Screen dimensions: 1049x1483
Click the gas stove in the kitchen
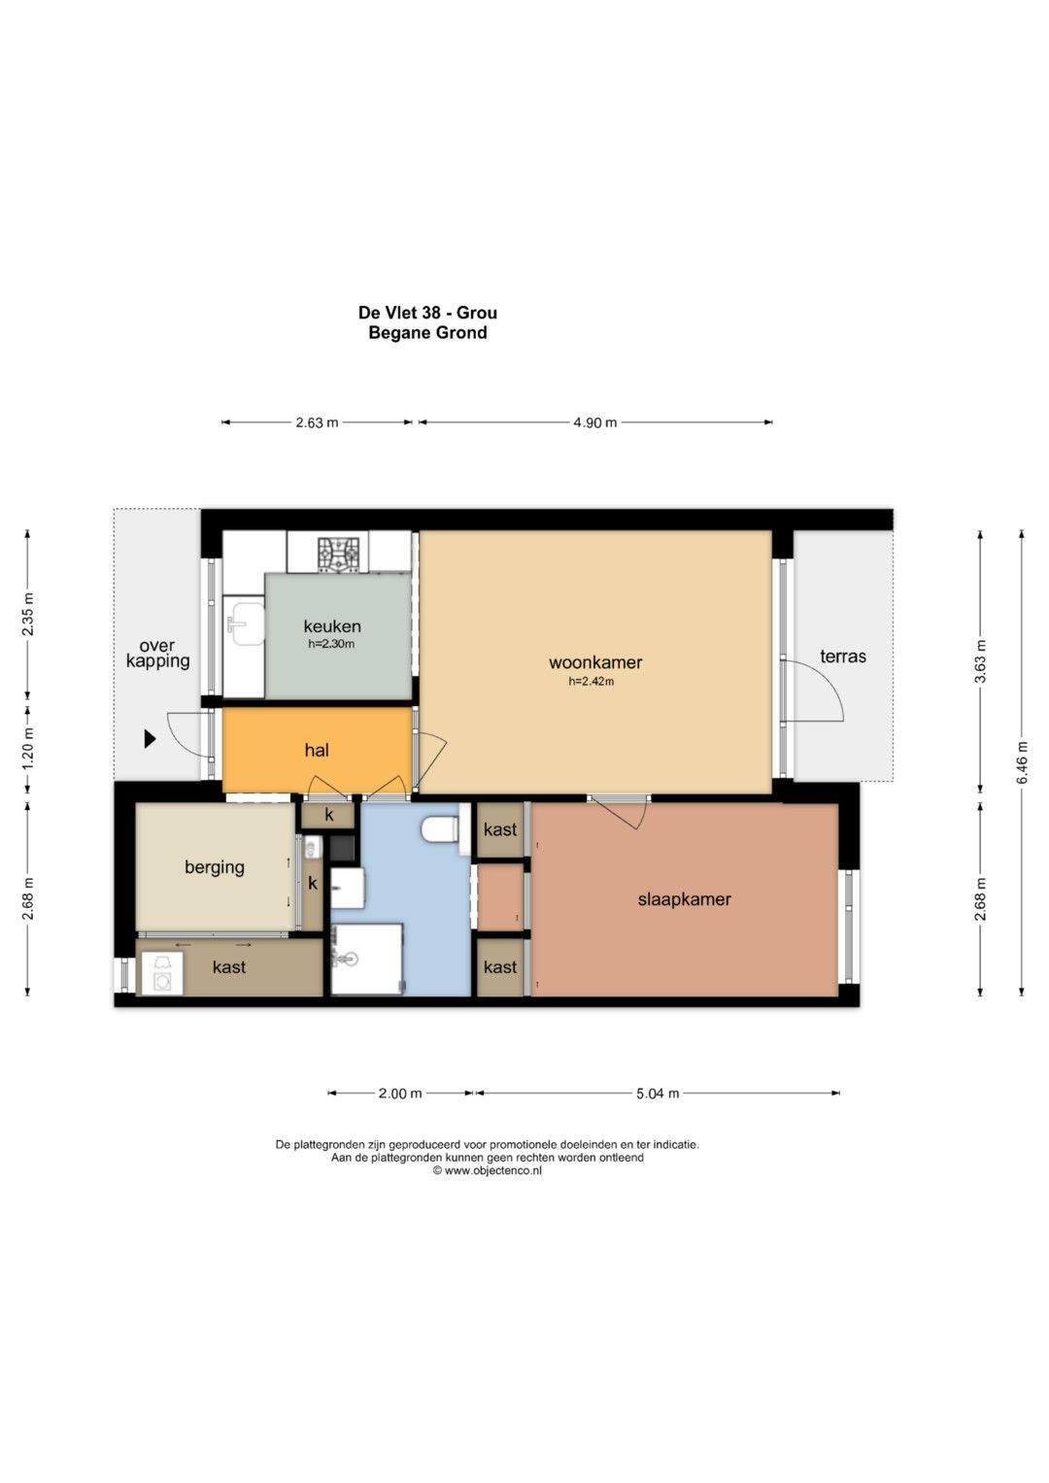pyautogui.click(x=339, y=554)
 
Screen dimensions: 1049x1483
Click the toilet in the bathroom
pyautogui.click(x=439, y=829)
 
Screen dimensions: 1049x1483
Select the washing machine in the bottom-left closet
pyautogui.click(x=161, y=973)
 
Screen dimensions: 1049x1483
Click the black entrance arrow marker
pyautogui.click(x=151, y=739)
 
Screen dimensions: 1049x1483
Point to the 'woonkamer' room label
pyautogui.click(x=595, y=662)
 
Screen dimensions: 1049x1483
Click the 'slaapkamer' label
pyautogui.click(x=684, y=899)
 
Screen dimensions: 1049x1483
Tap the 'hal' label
pyautogui.click(x=317, y=750)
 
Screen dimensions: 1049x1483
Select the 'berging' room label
pyautogui.click(x=215, y=867)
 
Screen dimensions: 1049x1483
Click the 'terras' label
pyautogui.click(x=843, y=657)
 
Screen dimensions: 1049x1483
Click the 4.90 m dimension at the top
pyautogui.click(x=594, y=422)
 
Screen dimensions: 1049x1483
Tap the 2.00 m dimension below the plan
pyautogui.click(x=400, y=1093)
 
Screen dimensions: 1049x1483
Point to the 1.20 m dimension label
pyautogui.click(x=28, y=749)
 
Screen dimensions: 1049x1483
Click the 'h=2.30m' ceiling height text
pyautogui.click(x=331, y=644)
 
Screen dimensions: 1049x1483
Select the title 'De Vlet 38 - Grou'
pyautogui.click(x=427, y=312)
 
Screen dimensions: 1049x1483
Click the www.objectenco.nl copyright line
pyautogui.click(x=488, y=1170)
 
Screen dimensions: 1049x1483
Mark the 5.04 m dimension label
pyautogui.click(x=658, y=1093)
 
